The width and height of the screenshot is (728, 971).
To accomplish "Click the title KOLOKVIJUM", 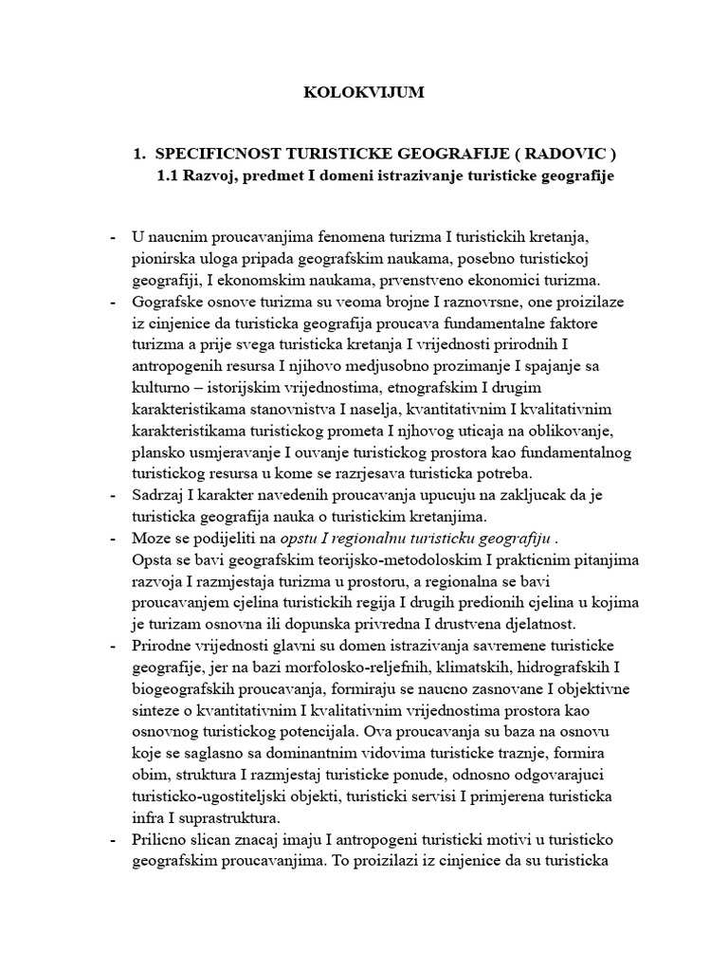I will [363, 93].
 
